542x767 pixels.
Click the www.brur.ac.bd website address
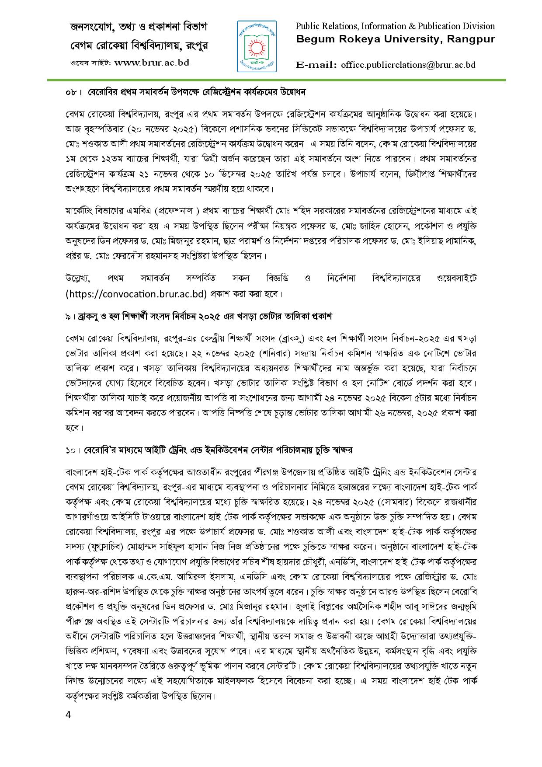(152, 63)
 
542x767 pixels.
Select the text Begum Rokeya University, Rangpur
(396, 39)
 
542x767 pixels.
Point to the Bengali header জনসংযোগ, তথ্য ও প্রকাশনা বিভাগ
(139, 27)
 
